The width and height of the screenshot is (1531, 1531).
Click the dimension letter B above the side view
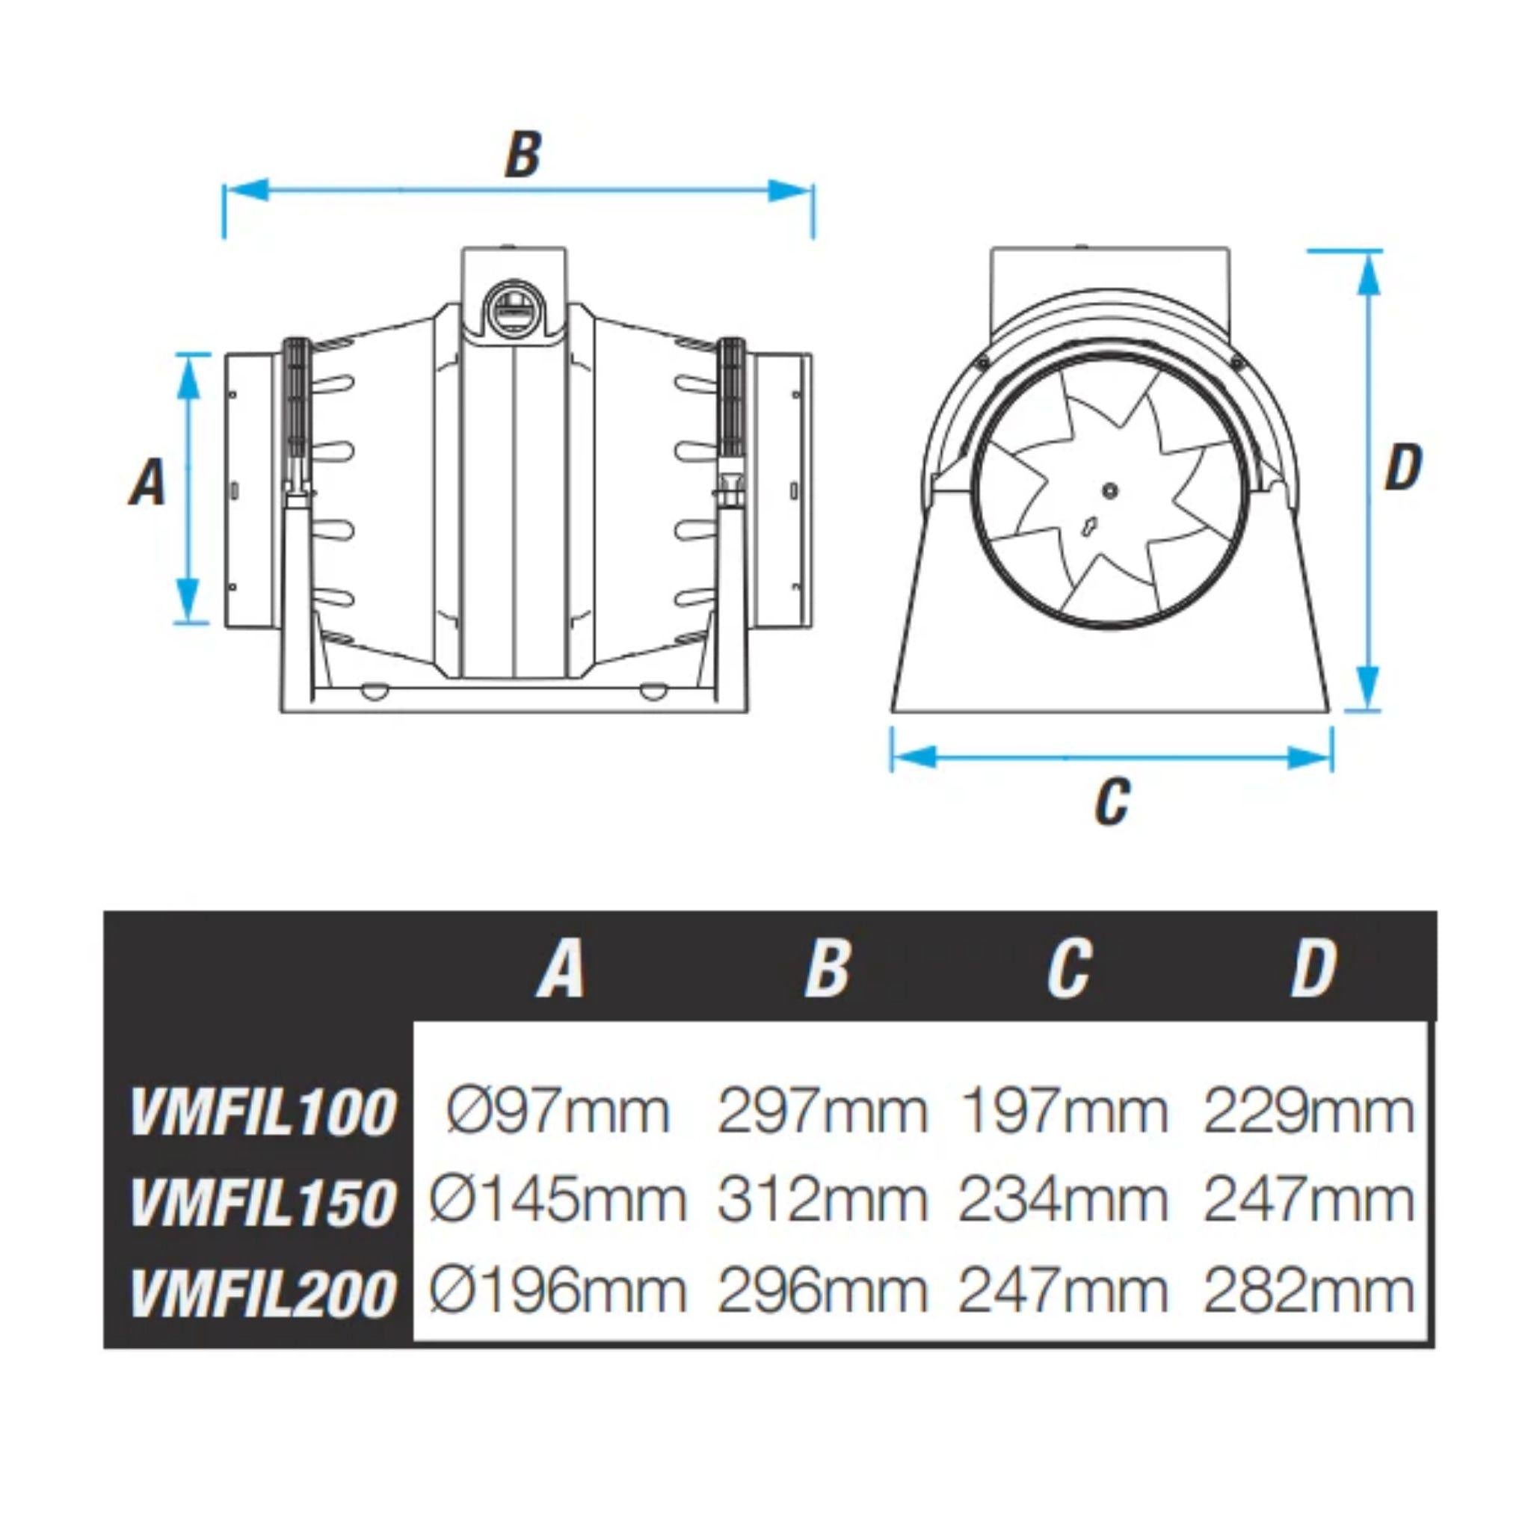[x=523, y=155]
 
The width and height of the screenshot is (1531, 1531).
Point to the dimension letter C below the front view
[x=1111, y=802]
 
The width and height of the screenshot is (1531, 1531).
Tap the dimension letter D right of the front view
[x=1402, y=468]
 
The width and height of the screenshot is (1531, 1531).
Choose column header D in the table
[x=1313, y=969]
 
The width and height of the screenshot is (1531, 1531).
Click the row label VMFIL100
[x=262, y=1112]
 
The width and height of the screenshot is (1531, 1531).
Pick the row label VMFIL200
[x=262, y=1293]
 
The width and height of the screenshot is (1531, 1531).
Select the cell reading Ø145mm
[x=557, y=1200]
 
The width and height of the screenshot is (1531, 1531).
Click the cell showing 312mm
[x=822, y=1200]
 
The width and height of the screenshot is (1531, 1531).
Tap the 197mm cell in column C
[x=1064, y=1111]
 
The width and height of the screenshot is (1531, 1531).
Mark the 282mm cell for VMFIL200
[x=1308, y=1291]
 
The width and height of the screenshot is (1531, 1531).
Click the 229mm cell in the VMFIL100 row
[x=1308, y=1111]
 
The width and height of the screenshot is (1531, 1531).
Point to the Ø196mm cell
[x=557, y=1291]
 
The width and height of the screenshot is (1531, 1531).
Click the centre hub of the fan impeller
[x=1110, y=490]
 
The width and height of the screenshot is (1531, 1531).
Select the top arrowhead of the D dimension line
[x=1369, y=274]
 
